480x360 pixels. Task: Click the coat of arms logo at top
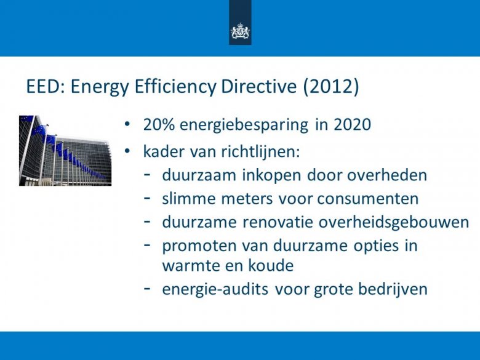(240, 31)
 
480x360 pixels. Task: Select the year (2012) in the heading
(331, 87)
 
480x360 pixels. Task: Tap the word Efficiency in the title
(175, 87)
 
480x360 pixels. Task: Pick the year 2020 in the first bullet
(352, 125)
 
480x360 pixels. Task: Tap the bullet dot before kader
(127, 151)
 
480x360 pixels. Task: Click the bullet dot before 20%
(127, 124)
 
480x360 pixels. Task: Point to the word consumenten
(367, 199)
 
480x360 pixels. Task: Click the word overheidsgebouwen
(394, 223)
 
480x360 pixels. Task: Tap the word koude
(271, 265)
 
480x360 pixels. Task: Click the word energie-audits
(215, 289)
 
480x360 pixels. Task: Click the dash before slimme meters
(147, 198)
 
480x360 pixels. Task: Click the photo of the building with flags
(65, 151)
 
